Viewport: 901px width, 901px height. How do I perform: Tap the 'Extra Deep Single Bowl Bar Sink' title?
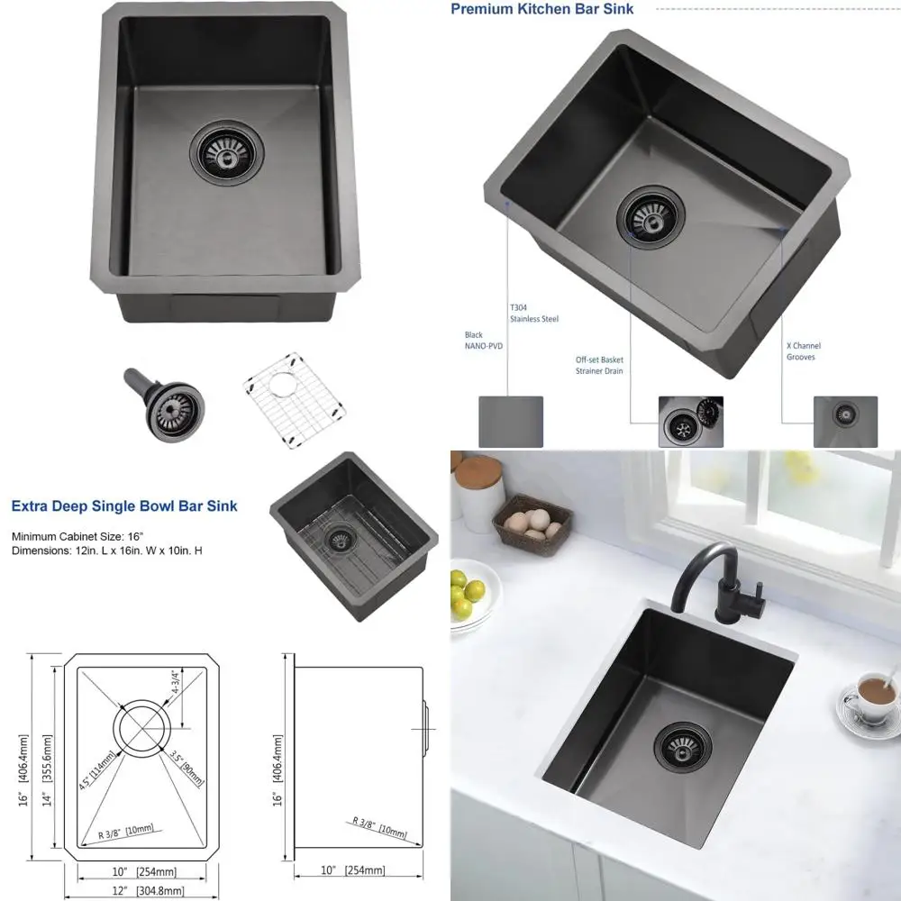tap(125, 506)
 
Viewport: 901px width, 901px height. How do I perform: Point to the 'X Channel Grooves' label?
tap(804, 350)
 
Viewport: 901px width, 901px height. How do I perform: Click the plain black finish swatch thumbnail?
tap(510, 422)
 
